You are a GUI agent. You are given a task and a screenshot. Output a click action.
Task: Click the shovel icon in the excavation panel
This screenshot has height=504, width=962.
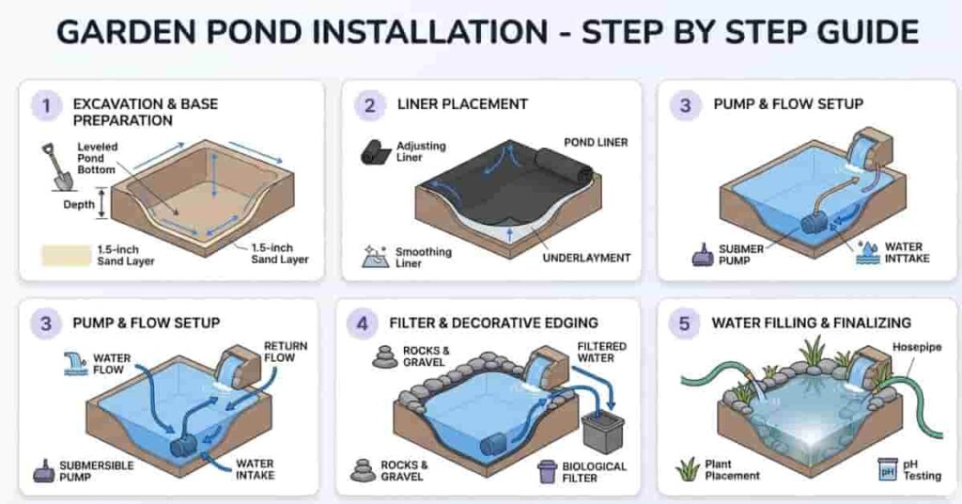click(54, 167)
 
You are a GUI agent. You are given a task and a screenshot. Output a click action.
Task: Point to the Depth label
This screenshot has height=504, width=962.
click(79, 204)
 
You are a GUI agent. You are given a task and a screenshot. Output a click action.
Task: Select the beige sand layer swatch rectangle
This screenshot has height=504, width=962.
click(65, 254)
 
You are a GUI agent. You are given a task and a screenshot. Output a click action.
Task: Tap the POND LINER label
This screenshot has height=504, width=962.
click(595, 142)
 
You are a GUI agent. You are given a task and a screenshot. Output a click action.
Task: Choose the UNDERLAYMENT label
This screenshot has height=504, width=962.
click(585, 257)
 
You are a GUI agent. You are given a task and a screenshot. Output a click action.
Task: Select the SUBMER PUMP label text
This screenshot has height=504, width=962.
click(738, 255)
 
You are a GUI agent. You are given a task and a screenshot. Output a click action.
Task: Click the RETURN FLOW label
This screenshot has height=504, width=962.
click(285, 353)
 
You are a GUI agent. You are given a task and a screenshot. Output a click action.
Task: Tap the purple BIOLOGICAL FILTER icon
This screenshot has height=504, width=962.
click(547, 471)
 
